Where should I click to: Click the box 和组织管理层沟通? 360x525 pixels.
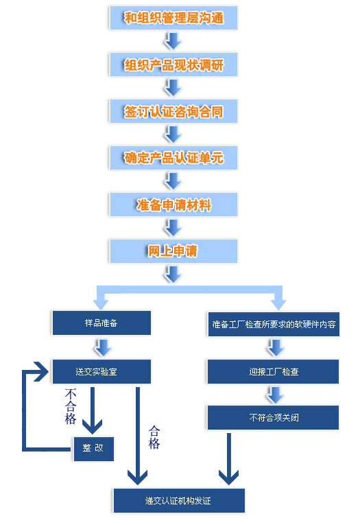tap(173, 18)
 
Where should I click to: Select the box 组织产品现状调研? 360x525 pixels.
tap(173, 65)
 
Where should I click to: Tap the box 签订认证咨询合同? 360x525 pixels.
tap(173, 111)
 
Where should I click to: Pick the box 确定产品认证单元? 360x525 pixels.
tap(173, 158)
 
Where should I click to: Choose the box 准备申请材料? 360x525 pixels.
tap(173, 205)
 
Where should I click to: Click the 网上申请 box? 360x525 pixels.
tap(173, 250)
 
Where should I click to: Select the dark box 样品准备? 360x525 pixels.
tap(101, 323)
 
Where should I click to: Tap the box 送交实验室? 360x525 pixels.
tap(101, 371)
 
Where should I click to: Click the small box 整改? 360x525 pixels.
tap(94, 449)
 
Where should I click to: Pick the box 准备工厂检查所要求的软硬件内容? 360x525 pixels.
tap(274, 324)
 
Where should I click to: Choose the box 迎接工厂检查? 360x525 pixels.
tap(274, 371)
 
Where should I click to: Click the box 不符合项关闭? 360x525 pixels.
tap(274, 417)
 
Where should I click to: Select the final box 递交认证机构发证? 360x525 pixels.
tap(179, 500)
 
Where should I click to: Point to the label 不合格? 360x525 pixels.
tap(71, 406)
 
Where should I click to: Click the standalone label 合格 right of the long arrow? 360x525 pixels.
tap(154, 437)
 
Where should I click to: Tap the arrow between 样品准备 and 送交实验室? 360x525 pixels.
tap(103, 347)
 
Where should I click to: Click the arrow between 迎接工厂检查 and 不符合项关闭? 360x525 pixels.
tap(276, 395)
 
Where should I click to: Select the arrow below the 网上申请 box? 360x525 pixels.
tap(173, 275)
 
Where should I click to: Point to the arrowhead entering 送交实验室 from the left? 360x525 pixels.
tap(42, 371)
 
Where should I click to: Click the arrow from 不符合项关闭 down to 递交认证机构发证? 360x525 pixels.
tap(229, 458)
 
